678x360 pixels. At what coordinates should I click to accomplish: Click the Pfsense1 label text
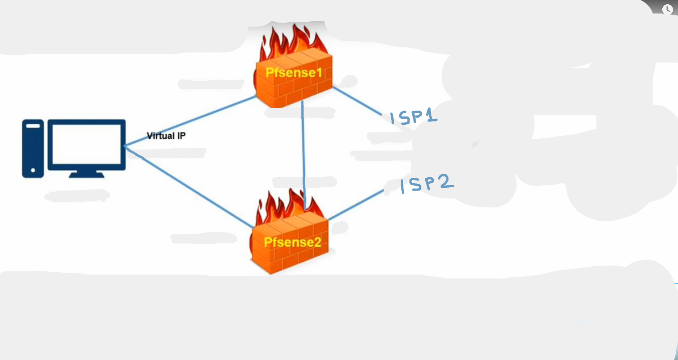click(294, 73)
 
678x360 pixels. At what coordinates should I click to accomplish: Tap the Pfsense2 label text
click(292, 242)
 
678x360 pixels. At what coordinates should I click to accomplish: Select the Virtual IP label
click(166, 136)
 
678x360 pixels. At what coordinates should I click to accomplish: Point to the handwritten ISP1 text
click(413, 117)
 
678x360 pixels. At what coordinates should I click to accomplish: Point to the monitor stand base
click(86, 175)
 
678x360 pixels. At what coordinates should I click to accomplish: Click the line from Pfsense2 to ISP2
click(356, 205)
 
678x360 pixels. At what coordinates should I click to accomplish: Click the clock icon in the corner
click(667, 9)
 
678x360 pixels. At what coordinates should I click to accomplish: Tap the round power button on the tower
click(33, 170)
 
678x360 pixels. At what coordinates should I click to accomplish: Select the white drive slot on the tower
click(33, 126)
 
